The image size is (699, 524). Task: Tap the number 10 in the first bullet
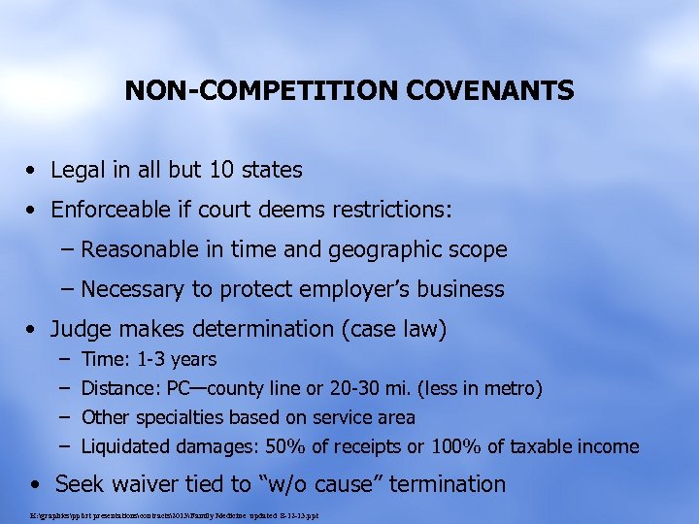point(223,170)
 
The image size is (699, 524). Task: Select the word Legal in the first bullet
point(78,170)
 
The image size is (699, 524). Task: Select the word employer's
point(346,289)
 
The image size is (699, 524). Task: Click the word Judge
point(80,329)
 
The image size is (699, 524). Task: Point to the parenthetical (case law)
point(392,329)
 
